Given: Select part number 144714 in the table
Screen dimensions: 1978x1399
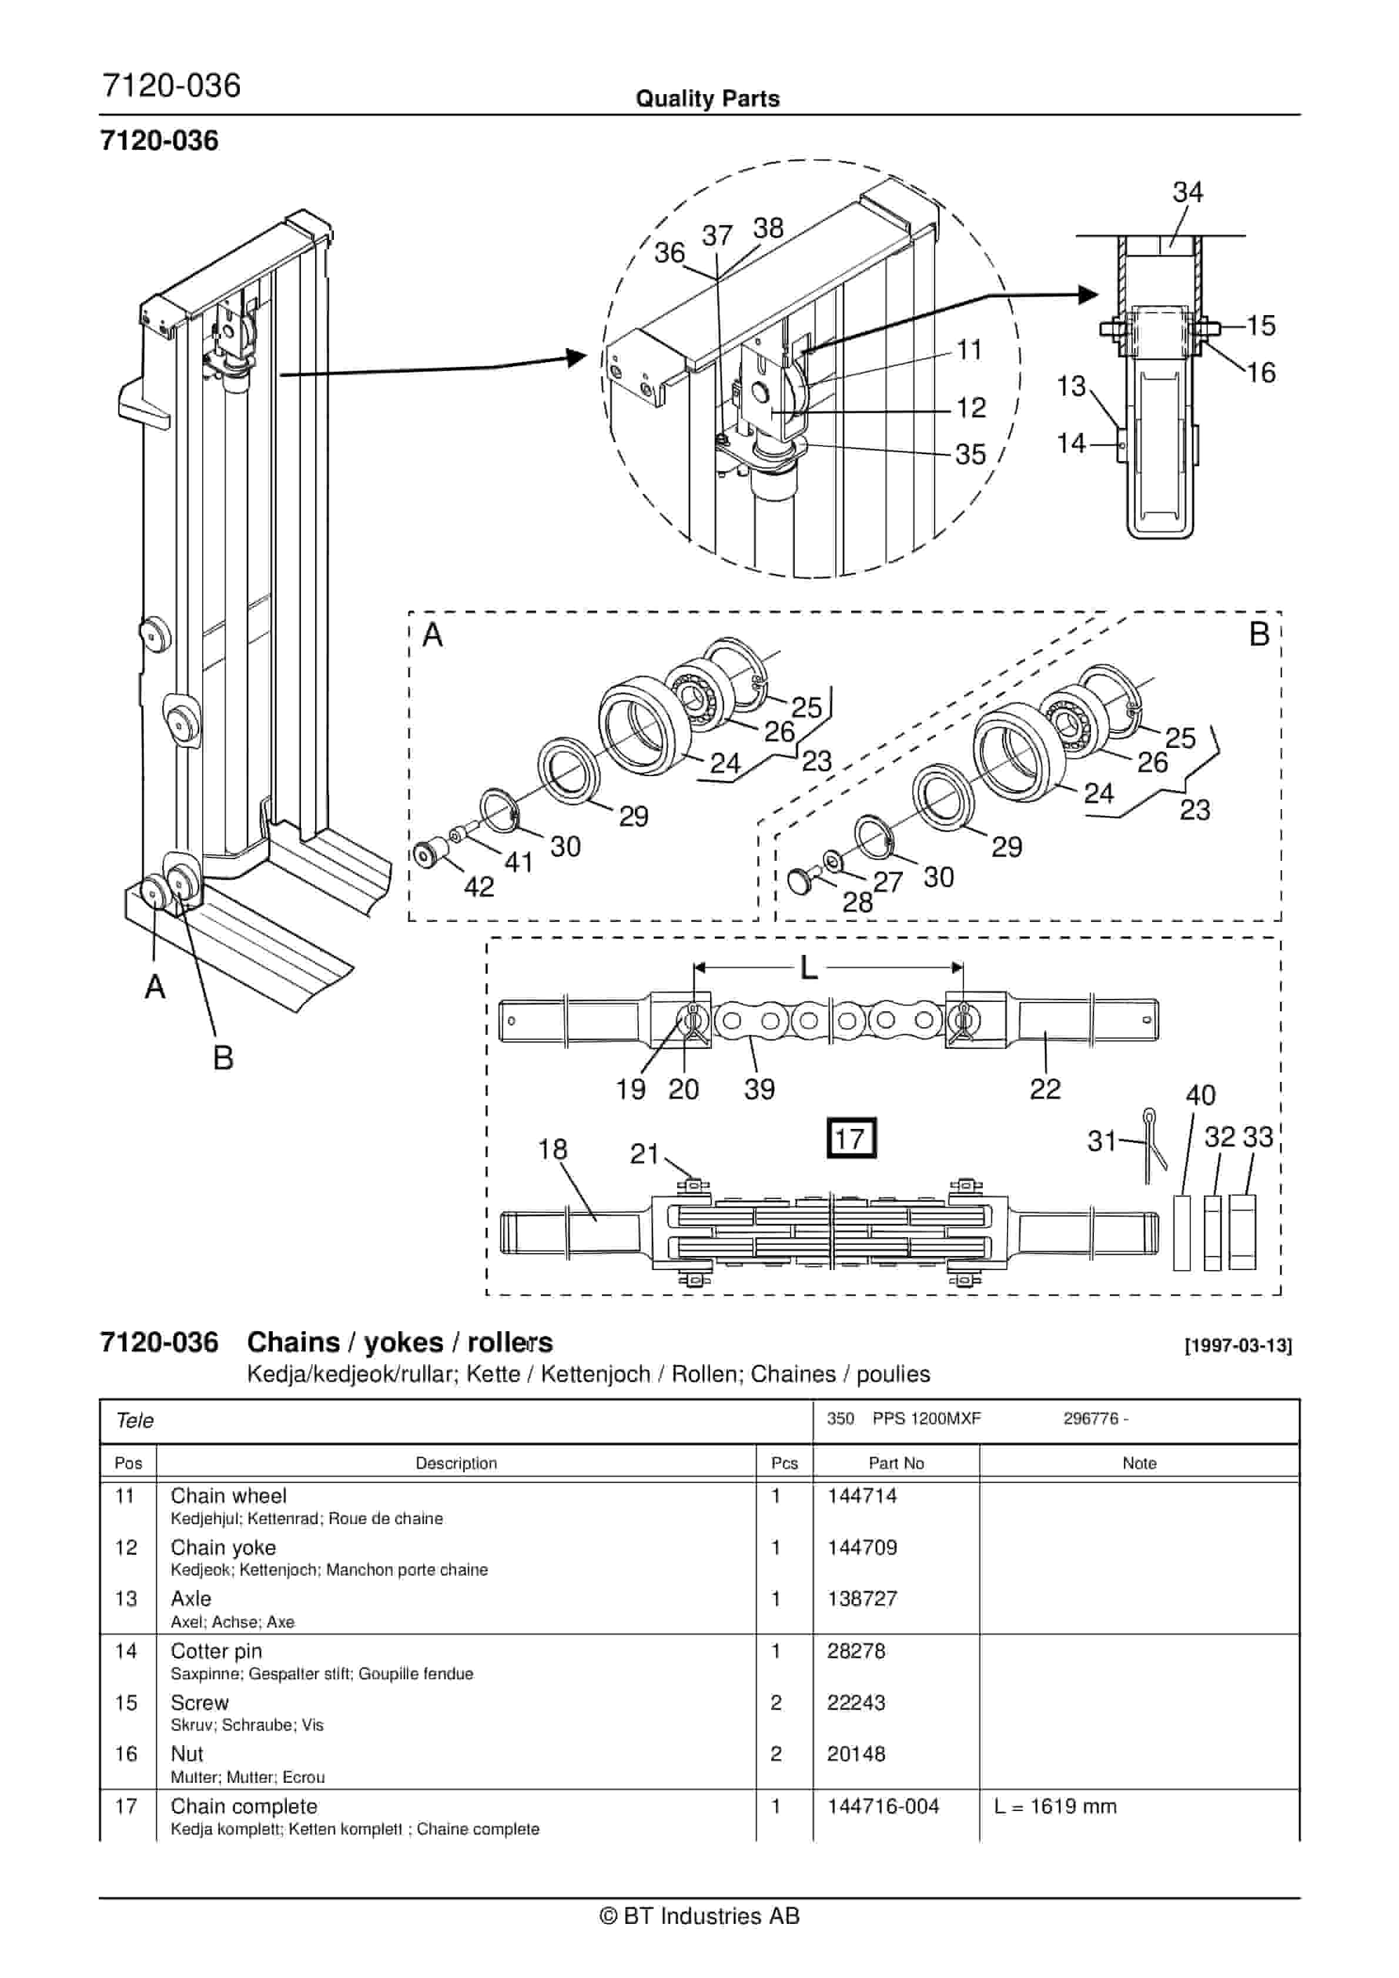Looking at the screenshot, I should pos(862,1496).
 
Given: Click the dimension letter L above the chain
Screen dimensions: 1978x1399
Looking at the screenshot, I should pos(808,968).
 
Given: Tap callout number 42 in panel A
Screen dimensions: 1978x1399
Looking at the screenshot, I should pos(479,887).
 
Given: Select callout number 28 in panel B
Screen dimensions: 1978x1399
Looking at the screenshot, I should pos(857,902).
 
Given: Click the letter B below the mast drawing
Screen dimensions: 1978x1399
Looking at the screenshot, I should pos(223,1058).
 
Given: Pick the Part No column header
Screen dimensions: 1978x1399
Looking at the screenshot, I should pos(896,1463).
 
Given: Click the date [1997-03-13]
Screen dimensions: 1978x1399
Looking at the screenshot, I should pos(1238,1346).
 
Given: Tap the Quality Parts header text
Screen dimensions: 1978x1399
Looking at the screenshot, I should pos(707,98).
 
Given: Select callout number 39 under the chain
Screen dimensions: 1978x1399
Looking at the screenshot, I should pos(759,1089).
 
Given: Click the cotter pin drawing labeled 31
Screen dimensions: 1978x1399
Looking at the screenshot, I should pos(1154,1146).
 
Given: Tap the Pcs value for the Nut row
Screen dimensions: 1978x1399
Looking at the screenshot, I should pos(775,1754).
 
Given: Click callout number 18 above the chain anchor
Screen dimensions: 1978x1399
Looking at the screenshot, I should pos(552,1150).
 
